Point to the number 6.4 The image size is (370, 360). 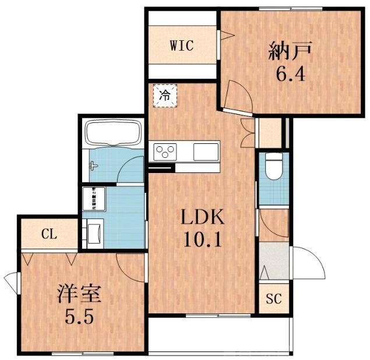pos(290,74)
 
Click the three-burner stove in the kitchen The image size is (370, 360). pos(165,152)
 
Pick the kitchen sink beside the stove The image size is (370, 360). pos(205,151)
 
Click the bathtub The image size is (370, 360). pos(114,135)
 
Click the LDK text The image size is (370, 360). pos(202,218)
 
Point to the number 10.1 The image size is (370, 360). pos(202,240)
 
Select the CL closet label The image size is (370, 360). pos(49,235)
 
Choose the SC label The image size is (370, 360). pos(274,300)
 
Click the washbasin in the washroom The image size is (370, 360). pos(93,233)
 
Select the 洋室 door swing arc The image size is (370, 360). pos(129,265)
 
